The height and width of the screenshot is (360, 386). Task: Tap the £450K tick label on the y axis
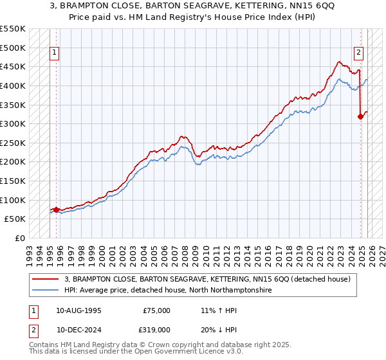(x=13, y=66)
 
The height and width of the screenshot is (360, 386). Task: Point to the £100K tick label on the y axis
(x=13, y=200)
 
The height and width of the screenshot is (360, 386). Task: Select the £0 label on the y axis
(x=19, y=238)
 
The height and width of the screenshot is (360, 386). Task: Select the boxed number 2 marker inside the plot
(x=358, y=53)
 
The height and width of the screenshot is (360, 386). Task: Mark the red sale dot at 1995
(x=56, y=209)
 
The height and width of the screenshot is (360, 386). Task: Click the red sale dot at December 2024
(x=361, y=116)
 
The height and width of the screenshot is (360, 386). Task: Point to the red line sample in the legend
(x=46, y=279)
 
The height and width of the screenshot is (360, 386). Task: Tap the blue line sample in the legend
(x=46, y=291)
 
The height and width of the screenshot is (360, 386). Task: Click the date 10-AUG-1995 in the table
(x=78, y=310)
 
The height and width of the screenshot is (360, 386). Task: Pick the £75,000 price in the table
(x=156, y=310)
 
